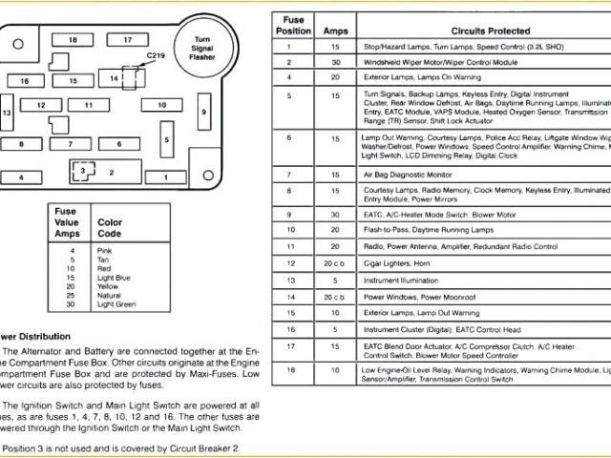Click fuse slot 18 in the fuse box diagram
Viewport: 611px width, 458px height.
coord(73,39)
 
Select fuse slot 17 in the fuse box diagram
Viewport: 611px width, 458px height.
coord(127,39)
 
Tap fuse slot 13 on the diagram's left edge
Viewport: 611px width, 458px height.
coord(7,113)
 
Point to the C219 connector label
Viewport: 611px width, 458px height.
coord(156,56)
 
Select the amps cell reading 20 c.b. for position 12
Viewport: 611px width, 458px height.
coord(334,261)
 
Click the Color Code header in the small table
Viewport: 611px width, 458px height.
coord(110,227)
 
